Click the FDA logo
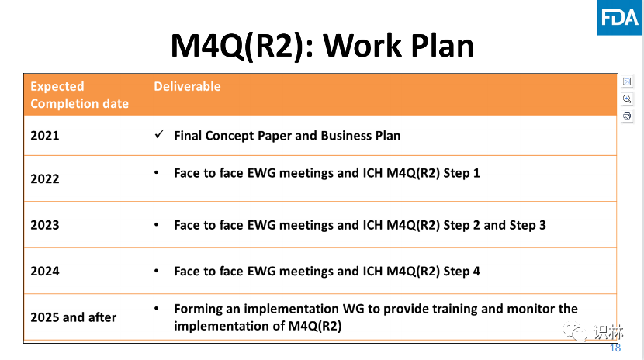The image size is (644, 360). pos(620,18)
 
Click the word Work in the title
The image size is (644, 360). pos(362,45)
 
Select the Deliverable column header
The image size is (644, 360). pos(187,86)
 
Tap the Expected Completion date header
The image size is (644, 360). pos(79,95)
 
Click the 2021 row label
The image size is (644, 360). pos(45,136)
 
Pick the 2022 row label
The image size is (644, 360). pos(45,178)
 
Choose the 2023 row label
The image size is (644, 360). pos(45,225)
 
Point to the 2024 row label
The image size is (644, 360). pos(45,271)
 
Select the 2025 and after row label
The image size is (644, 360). pos(74,317)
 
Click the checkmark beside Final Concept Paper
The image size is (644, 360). pos(159,133)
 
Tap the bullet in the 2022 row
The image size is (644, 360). pos(156,173)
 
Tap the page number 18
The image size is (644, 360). pos(615,348)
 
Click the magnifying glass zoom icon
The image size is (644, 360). pos(627,99)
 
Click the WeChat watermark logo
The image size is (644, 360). pos(575,331)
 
